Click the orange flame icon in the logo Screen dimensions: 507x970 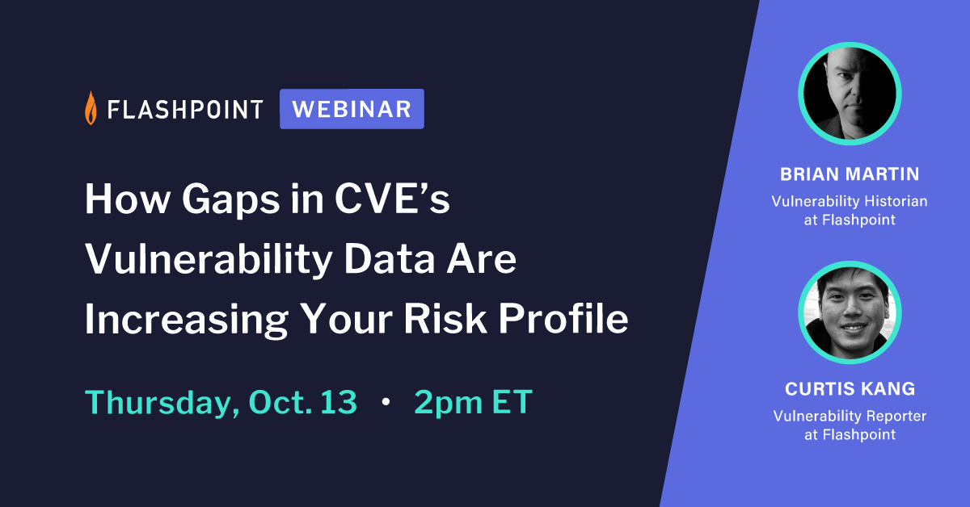(x=91, y=108)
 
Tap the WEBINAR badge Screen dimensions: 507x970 (x=352, y=109)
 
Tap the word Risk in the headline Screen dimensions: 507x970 (x=434, y=319)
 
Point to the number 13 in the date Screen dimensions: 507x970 (x=338, y=401)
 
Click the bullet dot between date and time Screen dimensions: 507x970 (x=386, y=402)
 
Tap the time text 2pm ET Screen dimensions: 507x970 (x=473, y=401)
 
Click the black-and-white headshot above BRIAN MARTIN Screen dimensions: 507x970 (x=850, y=94)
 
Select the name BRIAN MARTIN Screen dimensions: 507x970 (x=850, y=174)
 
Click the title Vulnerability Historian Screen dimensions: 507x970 (x=850, y=200)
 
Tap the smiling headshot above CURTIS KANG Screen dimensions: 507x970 (x=850, y=312)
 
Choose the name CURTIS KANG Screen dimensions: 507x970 (x=850, y=389)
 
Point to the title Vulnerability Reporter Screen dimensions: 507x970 (x=850, y=416)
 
